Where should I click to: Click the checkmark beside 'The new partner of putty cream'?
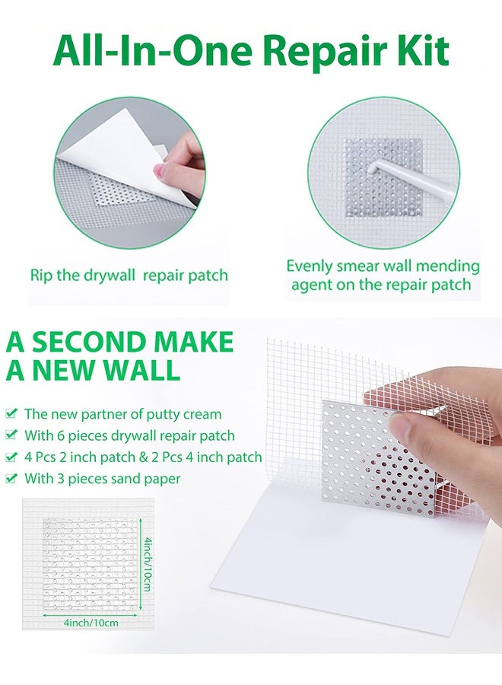coord(11,414)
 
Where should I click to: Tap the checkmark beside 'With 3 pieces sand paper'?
coord(11,479)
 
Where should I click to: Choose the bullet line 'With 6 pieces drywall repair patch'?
coord(129,436)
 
